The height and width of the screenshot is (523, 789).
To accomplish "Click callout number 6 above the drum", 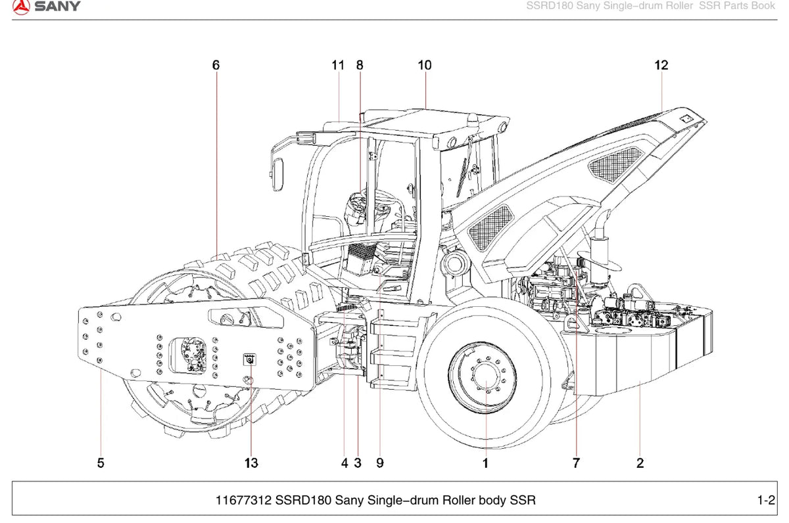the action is tap(216, 65).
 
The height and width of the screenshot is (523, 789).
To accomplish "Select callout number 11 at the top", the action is tap(338, 65).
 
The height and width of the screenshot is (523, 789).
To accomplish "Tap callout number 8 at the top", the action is tap(359, 65).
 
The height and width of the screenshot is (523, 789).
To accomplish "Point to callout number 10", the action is tap(425, 65).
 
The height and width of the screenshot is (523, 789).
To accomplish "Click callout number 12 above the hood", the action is tap(661, 65).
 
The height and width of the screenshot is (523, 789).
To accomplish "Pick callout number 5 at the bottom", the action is tap(101, 463).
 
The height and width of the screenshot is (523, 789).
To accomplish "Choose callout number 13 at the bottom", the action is tap(251, 463).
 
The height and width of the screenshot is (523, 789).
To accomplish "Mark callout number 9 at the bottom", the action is tap(380, 463).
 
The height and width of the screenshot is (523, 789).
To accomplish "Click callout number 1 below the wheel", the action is tap(485, 463).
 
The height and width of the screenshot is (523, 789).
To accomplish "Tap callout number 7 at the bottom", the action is tap(576, 463).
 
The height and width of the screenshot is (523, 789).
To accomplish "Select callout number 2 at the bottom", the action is tap(640, 463).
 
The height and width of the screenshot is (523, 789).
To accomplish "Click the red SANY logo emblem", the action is tap(21, 7).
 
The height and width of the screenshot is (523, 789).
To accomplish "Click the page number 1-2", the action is tap(766, 500).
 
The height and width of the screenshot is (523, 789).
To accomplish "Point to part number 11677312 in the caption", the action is tap(243, 500).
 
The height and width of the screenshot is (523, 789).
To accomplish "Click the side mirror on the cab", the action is tap(278, 175).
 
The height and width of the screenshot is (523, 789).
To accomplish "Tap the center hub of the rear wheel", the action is tap(486, 377).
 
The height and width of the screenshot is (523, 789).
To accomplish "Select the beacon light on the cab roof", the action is tap(473, 121).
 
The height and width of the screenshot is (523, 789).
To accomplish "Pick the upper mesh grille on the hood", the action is tap(615, 164).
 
